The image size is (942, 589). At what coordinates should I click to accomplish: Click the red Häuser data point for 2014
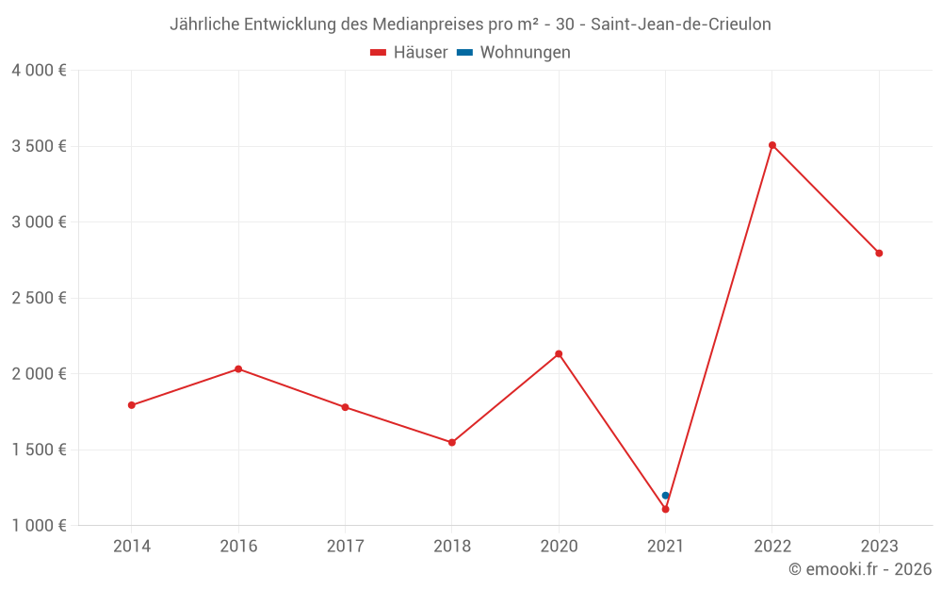point(132,405)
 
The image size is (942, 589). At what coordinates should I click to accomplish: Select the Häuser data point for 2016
point(238,368)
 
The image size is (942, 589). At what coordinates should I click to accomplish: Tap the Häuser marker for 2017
point(345,407)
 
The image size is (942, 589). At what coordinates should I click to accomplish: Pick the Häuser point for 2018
point(452,442)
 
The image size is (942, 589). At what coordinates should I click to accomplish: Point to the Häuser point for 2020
point(559,353)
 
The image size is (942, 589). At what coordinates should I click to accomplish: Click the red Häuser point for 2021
point(665,509)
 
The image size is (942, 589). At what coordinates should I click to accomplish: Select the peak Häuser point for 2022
point(772,145)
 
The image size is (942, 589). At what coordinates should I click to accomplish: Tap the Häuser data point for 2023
point(879,253)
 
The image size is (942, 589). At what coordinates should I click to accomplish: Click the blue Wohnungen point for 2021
point(665,495)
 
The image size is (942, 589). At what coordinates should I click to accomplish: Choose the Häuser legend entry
point(409,53)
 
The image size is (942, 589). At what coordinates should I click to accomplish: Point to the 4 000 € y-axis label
point(39,71)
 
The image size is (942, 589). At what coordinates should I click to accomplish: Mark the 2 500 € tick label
point(39,298)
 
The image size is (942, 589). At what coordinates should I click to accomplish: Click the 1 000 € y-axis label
point(39,525)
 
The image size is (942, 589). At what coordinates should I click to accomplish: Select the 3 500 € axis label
point(39,146)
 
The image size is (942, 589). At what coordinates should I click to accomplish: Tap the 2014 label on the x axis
point(132,546)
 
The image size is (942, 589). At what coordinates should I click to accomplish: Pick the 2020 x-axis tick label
point(559,546)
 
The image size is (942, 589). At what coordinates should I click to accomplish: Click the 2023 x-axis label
point(879,546)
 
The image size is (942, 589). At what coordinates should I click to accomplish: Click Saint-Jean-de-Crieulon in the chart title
point(680,25)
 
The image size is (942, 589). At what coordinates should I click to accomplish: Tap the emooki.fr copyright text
point(860,569)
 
